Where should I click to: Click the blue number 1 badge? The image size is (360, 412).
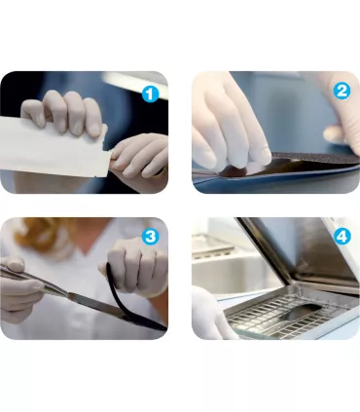tap(150, 94)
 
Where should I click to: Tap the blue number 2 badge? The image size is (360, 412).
tap(342, 91)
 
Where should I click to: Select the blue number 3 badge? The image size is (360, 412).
tap(150, 237)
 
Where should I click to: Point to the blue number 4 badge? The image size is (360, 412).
tap(342, 237)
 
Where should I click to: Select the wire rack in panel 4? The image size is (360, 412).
tap(285, 315)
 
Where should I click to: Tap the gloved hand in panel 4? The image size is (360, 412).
tap(211, 315)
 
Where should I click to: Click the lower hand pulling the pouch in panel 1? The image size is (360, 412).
tap(139, 158)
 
